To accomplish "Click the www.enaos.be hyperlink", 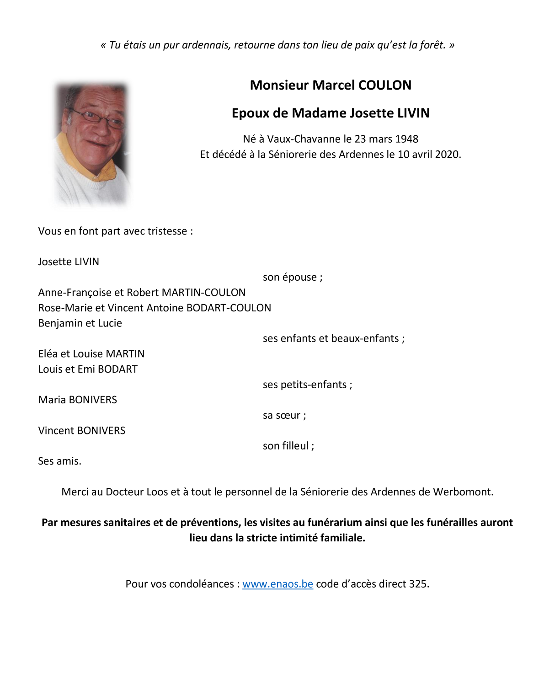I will [277, 584].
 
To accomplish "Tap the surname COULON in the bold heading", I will [385, 85].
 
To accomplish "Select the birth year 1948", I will [406, 139].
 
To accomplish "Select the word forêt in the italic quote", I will [432, 45].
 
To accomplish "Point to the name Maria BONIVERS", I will [78, 400].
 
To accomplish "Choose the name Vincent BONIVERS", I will [82, 430].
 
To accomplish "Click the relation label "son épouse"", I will [292, 277].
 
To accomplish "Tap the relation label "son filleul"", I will [288, 446].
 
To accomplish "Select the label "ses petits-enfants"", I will [307, 385].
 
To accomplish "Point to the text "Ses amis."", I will [60, 461].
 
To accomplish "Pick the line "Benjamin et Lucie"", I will [80, 323].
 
